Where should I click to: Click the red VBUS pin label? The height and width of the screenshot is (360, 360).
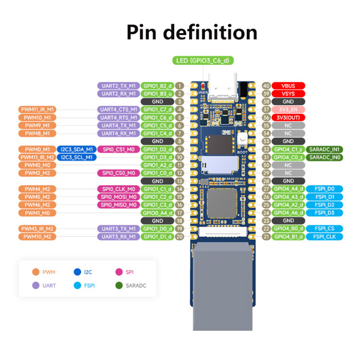tap(288, 85)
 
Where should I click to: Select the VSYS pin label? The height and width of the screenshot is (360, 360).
tap(288, 94)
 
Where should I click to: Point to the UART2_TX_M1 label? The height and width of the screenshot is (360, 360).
tap(118, 85)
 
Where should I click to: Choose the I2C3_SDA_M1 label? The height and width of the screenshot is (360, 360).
tap(75, 149)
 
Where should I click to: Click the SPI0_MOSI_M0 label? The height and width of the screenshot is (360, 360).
tap(118, 197)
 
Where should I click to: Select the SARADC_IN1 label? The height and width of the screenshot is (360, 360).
tap(324, 149)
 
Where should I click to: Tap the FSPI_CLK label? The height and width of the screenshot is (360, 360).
tap(324, 237)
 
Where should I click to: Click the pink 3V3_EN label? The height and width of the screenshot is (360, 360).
tap(288, 109)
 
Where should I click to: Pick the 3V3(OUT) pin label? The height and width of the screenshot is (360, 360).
tap(288, 117)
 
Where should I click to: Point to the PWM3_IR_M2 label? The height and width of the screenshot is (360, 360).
tap(37, 229)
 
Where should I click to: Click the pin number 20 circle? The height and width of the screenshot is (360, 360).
tap(179, 237)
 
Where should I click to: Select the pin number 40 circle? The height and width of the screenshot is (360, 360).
tap(266, 85)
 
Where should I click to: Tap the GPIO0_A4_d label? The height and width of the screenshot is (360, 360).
tap(157, 213)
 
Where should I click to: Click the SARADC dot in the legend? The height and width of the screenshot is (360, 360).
tap(119, 285)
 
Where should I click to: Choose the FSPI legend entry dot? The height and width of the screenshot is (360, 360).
tap(76, 285)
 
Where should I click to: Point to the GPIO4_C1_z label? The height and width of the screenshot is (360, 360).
tap(288, 149)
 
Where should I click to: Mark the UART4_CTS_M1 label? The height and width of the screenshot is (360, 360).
tap(118, 109)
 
